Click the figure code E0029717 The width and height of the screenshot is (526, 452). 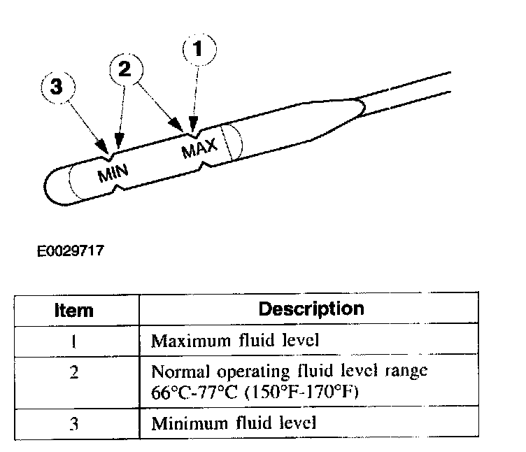(x=71, y=248)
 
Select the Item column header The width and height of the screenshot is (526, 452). (x=74, y=310)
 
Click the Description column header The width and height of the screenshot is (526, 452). (x=311, y=309)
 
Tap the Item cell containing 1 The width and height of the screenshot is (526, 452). (x=74, y=341)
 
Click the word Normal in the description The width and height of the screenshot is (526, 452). (x=175, y=371)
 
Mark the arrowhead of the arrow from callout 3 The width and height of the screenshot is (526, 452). (x=107, y=151)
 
